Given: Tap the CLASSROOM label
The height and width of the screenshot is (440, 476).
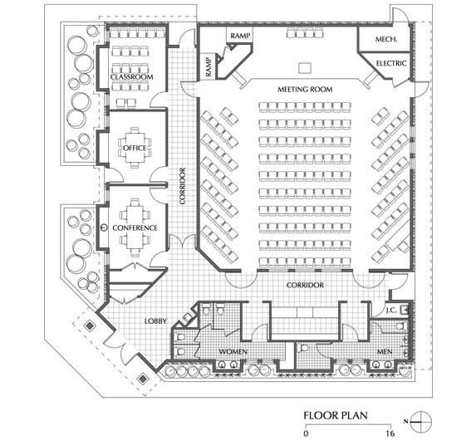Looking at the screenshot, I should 133,78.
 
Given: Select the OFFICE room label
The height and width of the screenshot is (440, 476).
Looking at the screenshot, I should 135,148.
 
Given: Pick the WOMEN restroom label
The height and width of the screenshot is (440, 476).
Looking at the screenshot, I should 233,353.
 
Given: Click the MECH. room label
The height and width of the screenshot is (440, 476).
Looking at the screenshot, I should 386,40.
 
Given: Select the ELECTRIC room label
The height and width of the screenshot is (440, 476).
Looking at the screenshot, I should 390,63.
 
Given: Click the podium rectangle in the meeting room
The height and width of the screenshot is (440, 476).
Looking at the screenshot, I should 304,66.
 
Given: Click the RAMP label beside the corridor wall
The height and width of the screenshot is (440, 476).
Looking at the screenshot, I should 206,66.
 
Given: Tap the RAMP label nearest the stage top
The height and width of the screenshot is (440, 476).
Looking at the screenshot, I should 241,36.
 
